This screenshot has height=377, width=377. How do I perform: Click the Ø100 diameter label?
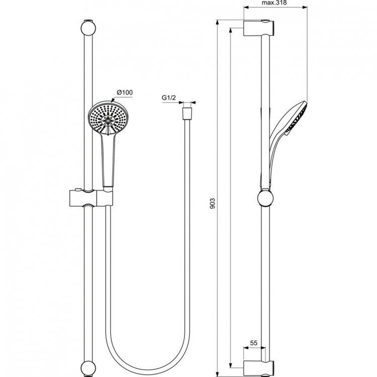pos(124,92)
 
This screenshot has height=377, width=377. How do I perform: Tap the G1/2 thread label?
pos(168,98)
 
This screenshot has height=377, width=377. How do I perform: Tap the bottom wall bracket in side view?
pos(258,354)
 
